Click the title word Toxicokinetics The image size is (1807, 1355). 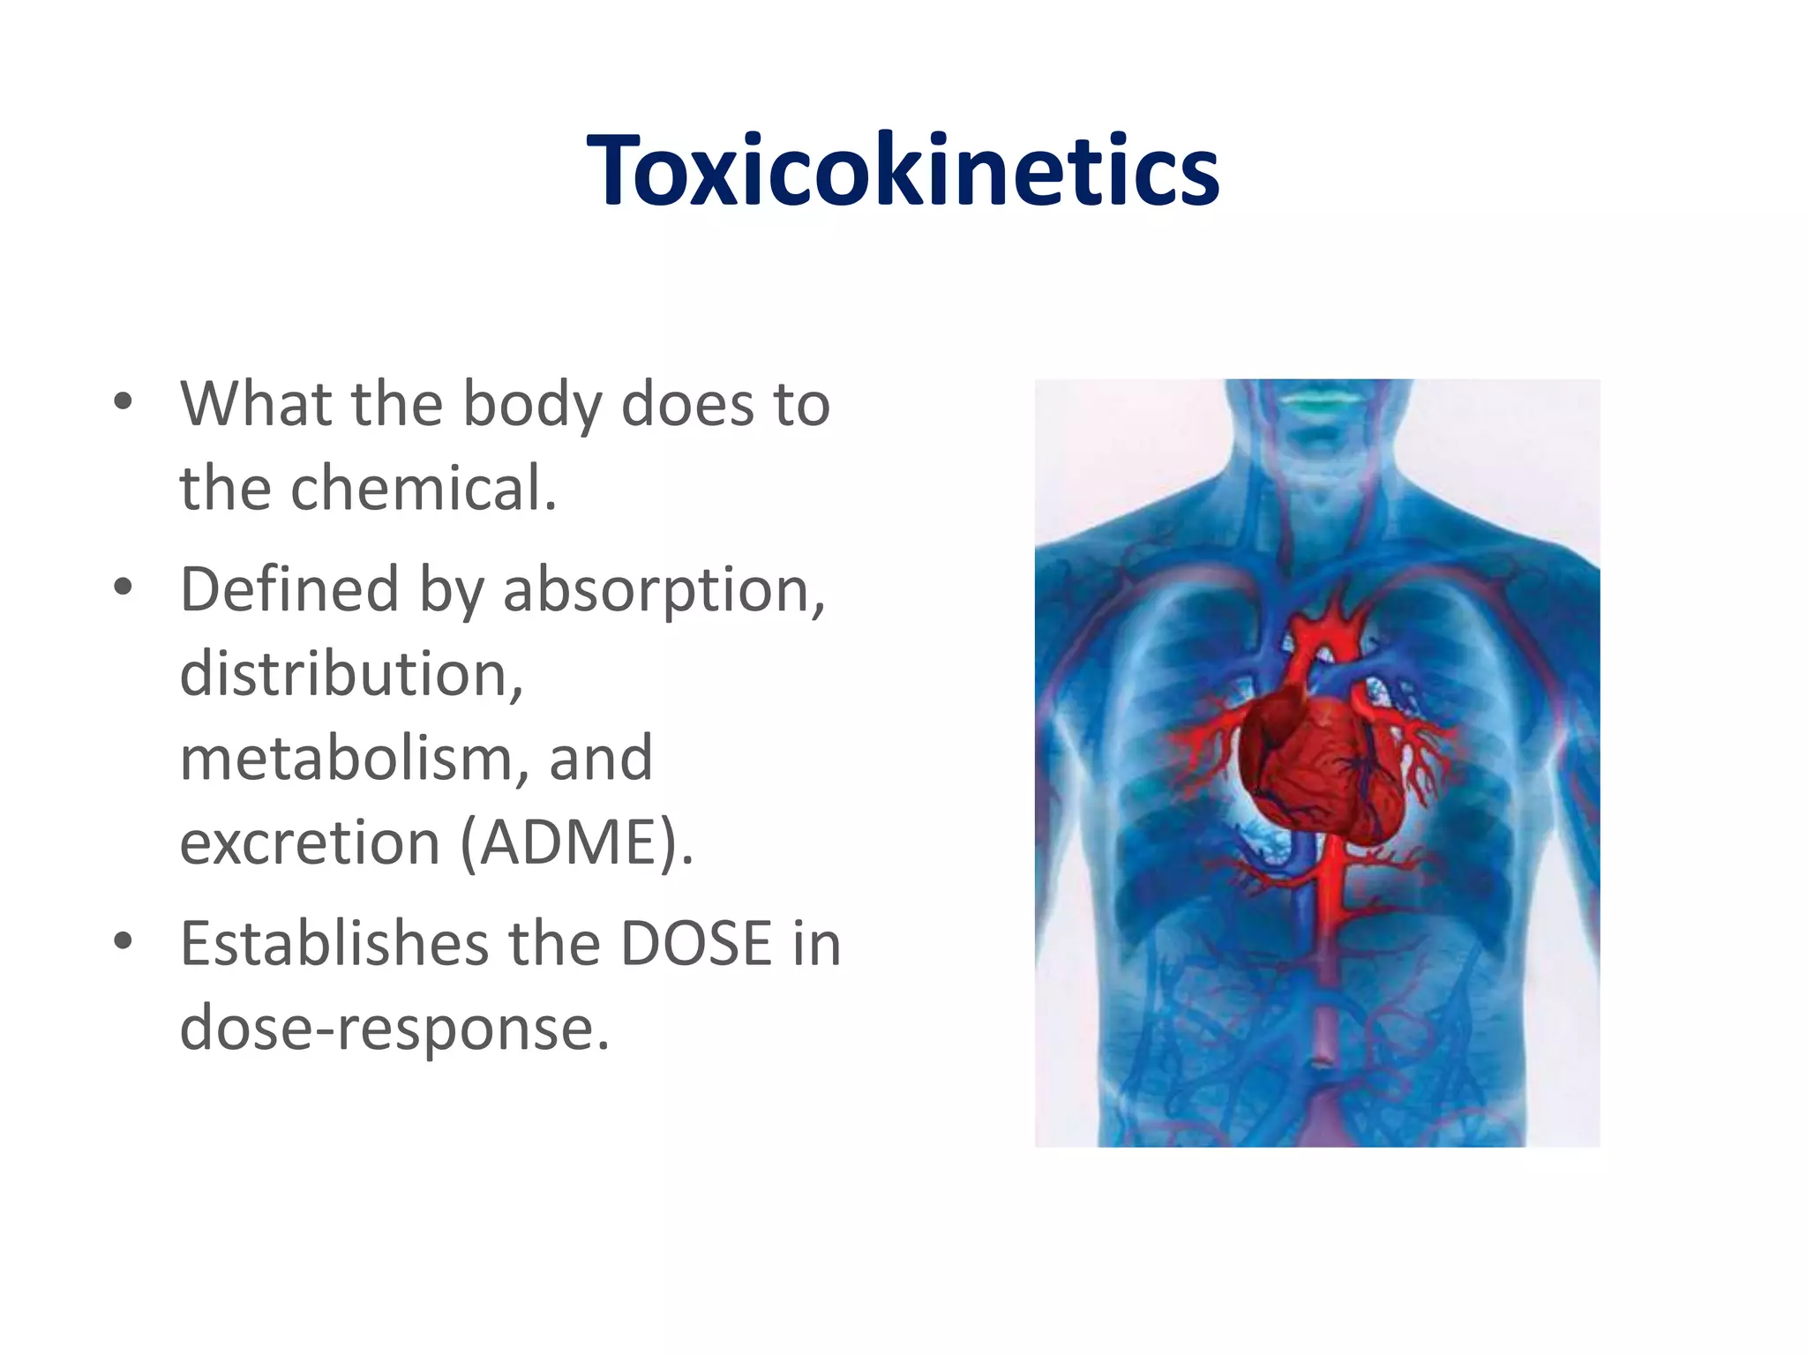(903, 169)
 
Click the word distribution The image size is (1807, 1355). (351, 674)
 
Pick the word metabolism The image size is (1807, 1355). (348, 758)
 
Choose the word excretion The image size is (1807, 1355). (309, 842)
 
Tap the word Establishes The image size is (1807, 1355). (334, 944)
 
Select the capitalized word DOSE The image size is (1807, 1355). (696, 944)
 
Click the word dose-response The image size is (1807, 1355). (394, 1029)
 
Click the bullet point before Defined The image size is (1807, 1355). (124, 588)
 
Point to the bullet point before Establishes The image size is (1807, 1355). (124, 942)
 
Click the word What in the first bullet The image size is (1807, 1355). (256, 405)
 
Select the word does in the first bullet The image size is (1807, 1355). (688, 405)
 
